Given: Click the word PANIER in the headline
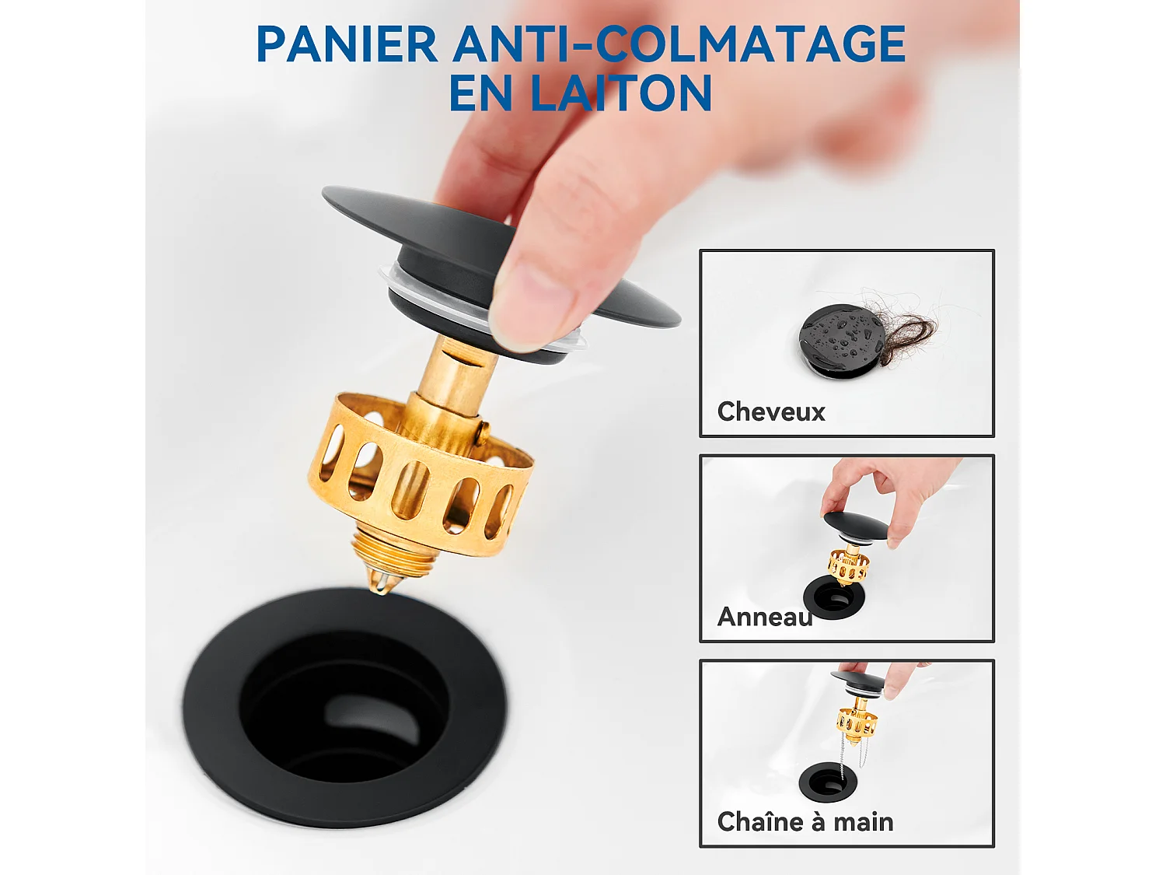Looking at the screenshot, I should pos(347,44).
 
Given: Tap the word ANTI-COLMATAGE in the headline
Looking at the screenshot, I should pos(679,44).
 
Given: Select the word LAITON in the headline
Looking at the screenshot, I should pos(620,94).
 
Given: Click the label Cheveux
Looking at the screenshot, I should pos(770,411).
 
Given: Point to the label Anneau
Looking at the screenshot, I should pos(764,617).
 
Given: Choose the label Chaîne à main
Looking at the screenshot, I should pos(805,822).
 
